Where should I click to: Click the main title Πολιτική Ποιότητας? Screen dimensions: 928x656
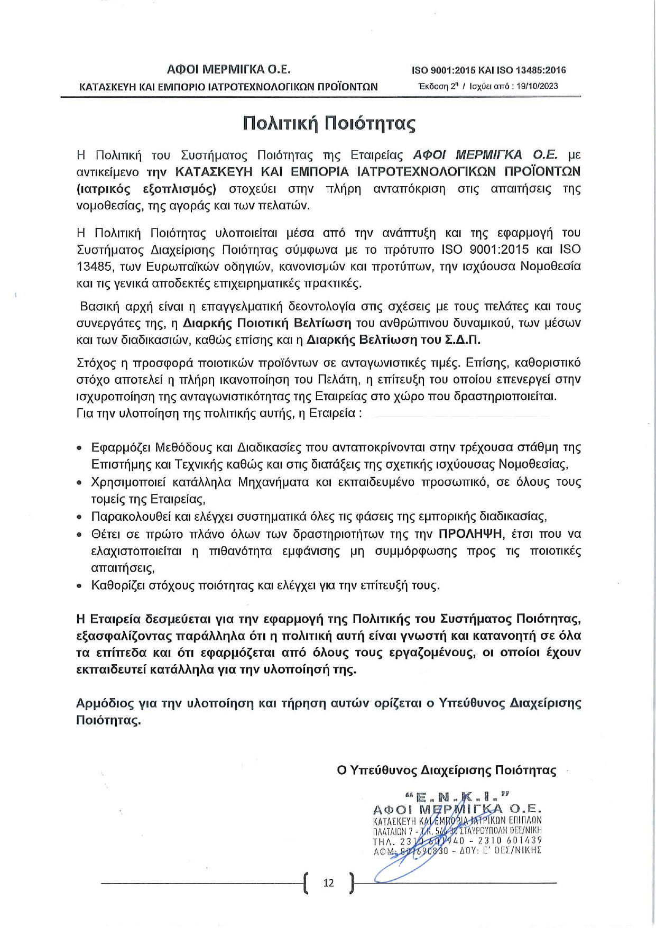pos(329,123)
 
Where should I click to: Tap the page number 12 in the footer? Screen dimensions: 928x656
pos(328,883)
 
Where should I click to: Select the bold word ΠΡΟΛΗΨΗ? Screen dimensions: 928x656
pos(470,534)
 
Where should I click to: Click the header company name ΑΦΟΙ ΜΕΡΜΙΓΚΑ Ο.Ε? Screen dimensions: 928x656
pos(229,69)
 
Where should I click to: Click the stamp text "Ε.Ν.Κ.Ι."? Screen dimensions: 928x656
pos(458,796)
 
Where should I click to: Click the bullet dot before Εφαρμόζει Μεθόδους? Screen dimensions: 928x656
pos(79,448)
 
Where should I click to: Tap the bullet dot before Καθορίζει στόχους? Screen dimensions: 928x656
pos(79,586)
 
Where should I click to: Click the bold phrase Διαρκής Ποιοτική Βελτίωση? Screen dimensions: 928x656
pos(267,323)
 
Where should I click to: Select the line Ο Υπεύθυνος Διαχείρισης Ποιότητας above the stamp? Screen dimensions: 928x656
pos(447,770)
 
